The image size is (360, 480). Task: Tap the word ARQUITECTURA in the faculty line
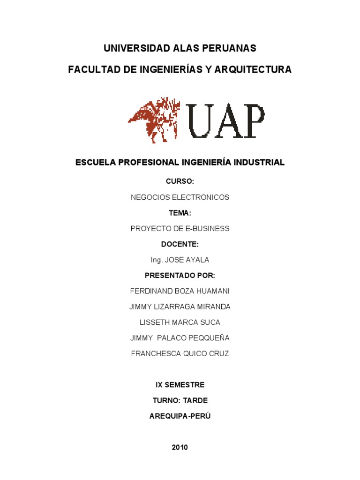253,69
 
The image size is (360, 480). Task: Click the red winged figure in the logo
154,120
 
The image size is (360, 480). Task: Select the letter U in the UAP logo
201,120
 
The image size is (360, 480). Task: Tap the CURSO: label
180,181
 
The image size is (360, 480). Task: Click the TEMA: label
180,213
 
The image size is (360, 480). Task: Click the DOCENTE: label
180,244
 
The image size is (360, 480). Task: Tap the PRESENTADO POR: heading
180,275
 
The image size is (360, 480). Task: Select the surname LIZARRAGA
173,307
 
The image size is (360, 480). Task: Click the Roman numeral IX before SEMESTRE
159,385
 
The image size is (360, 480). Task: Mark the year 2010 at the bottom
180,447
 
